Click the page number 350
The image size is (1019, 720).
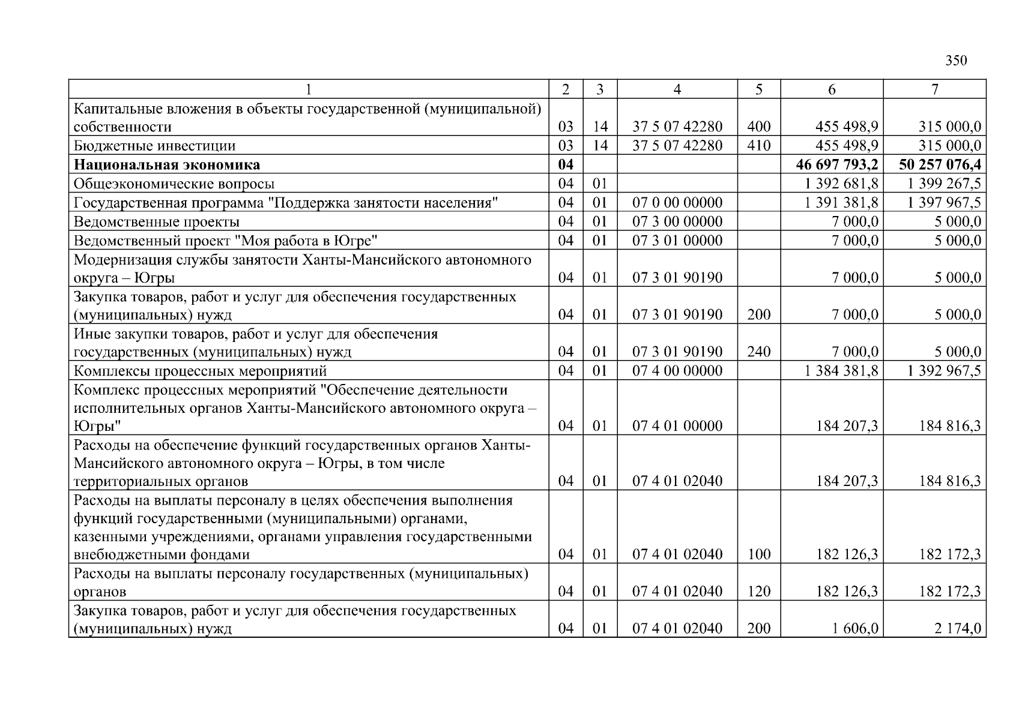click(956, 61)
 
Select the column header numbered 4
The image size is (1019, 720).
click(677, 89)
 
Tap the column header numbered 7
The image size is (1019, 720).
click(934, 89)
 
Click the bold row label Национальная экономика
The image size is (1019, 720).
click(167, 164)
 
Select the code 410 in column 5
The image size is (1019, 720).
click(759, 146)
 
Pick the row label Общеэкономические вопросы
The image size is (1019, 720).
click(174, 184)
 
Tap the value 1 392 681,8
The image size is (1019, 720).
click(841, 184)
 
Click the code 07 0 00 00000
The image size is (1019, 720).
click(677, 203)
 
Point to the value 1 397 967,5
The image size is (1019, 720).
click(944, 203)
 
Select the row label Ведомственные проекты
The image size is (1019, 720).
click(157, 222)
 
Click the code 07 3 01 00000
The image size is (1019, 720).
click(677, 241)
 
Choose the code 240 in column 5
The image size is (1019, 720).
click(759, 352)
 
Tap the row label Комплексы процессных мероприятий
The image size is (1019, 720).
click(200, 371)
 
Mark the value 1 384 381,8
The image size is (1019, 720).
click(841, 371)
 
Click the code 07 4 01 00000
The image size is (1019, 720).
click(677, 426)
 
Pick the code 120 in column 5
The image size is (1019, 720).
click(759, 592)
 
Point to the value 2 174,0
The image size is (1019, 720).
click(958, 629)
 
